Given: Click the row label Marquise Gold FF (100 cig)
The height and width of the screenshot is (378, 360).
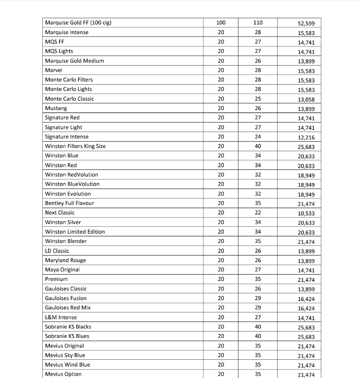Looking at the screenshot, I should click(78, 23).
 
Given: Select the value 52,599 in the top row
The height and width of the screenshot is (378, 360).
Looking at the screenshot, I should click(306, 24).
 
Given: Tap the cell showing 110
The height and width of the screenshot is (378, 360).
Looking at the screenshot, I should click(258, 23).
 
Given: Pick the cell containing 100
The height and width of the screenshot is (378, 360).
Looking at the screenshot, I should click(221, 23).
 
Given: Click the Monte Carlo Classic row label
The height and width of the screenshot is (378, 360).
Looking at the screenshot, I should click(69, 99).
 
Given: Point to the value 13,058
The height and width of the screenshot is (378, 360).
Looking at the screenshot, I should click(306, 100).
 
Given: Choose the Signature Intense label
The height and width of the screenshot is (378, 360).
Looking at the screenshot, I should click(66, 137).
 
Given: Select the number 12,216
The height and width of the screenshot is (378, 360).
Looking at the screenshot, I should click(306, 138).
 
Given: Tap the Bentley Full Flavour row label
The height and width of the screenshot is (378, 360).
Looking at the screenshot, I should click(69, 203).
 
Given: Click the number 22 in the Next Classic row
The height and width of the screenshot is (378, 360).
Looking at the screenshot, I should click(258, 213).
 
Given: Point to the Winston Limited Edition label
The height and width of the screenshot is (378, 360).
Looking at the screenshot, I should click(75, 232).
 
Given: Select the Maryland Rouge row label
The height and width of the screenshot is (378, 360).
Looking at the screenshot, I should click(65, 260).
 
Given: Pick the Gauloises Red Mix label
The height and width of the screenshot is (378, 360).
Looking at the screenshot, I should click(68, 307).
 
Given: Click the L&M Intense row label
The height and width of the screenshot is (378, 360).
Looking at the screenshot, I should click(61, 317).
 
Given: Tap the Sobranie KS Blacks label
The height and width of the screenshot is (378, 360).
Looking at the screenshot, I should click(68, 327).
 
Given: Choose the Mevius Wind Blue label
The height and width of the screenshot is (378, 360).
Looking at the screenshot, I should click(67, 364).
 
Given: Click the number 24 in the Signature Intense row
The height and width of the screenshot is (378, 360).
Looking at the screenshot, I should click(258, 137).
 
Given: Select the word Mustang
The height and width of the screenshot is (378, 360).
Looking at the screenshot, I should click(56, 108).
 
